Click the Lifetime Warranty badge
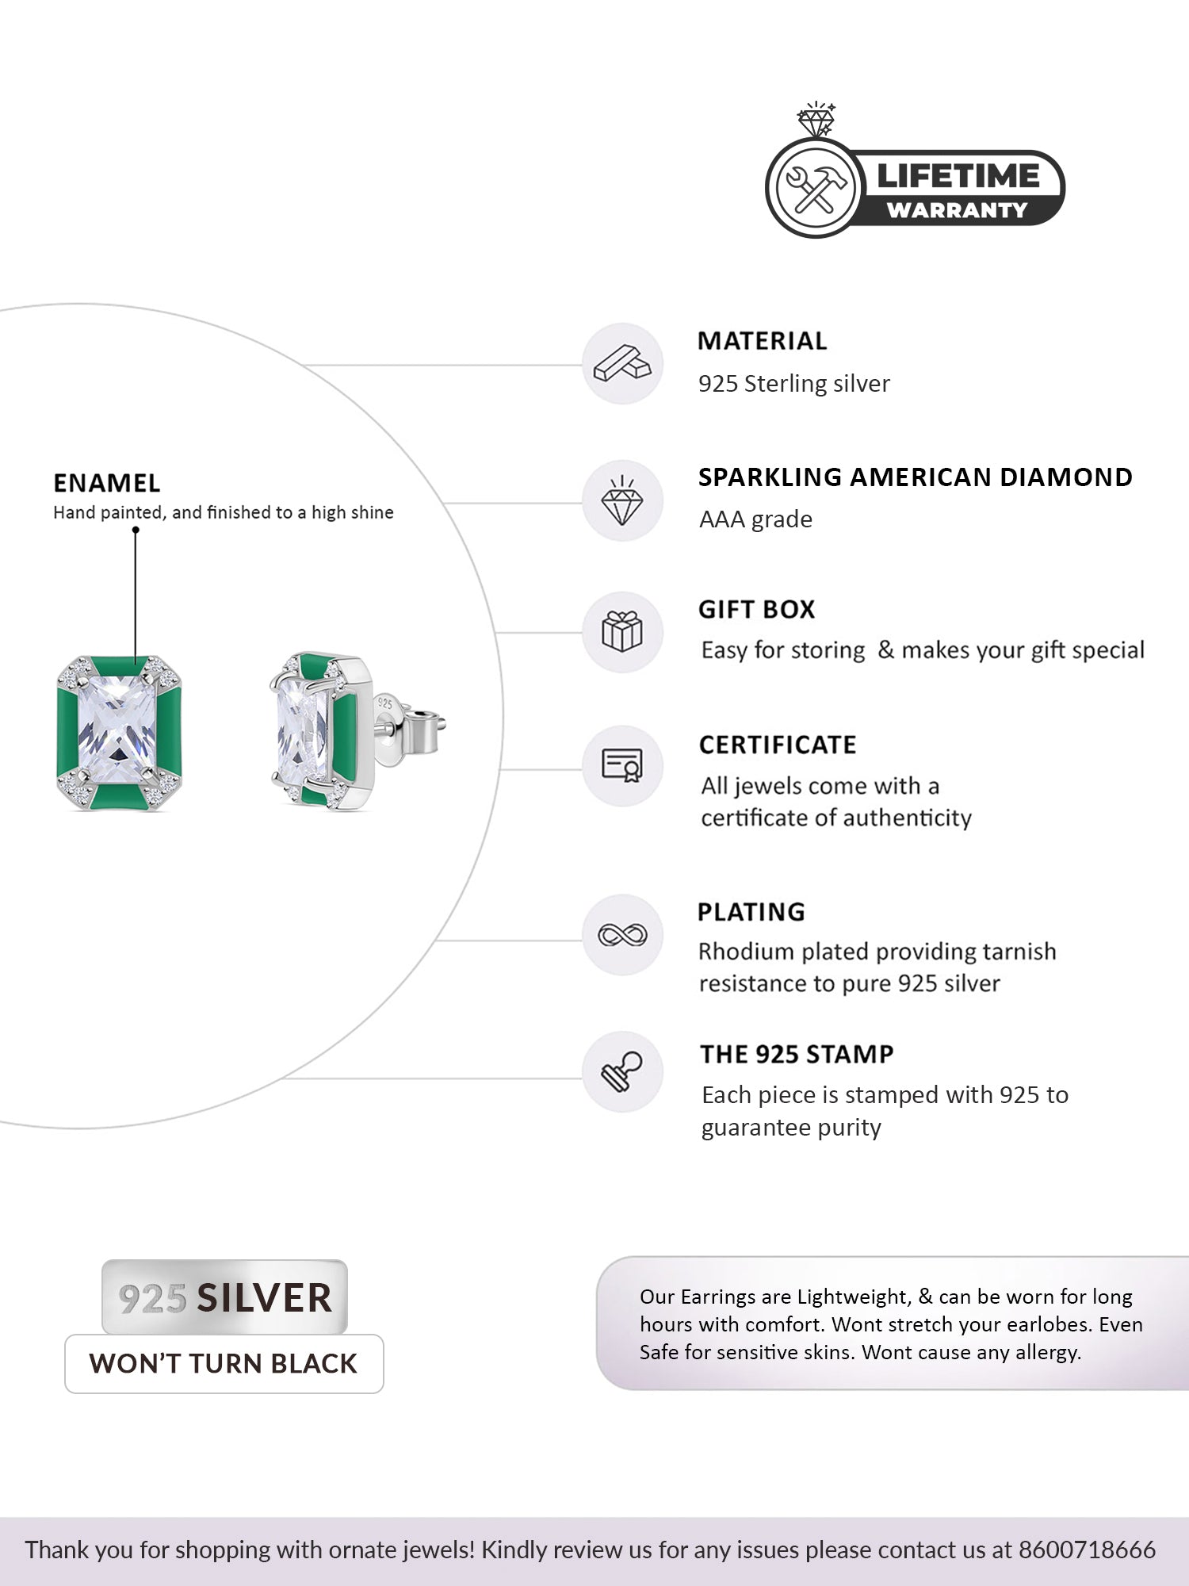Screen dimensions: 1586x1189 (x=916, y=188)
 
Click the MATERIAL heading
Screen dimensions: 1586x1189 (x=762, y=341)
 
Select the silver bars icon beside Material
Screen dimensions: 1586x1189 (x=622, y=364)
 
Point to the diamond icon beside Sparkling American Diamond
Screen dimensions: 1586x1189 (x=622, y=501)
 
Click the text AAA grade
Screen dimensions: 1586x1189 (x=755, y=519)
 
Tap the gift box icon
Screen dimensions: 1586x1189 (x=622, y=632)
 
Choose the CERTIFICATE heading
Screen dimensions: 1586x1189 (x=778, y=745)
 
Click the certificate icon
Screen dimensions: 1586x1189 (x=622, y=765)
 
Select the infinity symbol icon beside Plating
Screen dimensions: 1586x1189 (x=622, y=935)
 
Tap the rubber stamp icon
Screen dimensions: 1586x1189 (x=622, y=1071)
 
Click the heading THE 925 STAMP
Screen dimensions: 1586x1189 (x=797, y=1054)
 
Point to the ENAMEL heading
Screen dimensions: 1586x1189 (x=107, y=483)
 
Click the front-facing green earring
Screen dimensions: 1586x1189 (x=120, y=734)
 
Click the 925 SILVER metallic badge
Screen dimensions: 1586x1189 (x=225, y=1297)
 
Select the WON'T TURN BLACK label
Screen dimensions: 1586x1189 (x=224, y=1363)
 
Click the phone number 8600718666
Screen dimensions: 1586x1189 (x=1087, y=1549)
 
